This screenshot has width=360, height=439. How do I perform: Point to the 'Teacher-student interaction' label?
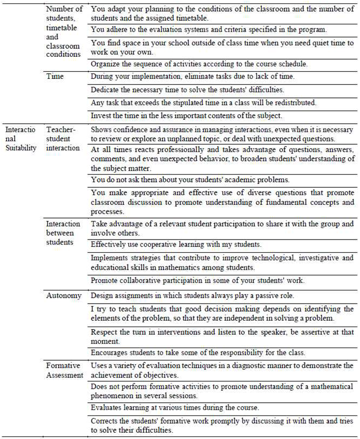tap(63, 138)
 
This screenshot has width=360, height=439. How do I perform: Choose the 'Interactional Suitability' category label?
tap(21, 138)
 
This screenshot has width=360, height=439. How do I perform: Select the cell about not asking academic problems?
tap(190, 179)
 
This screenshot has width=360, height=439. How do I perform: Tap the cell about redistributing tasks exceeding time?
tap(203, 103)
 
